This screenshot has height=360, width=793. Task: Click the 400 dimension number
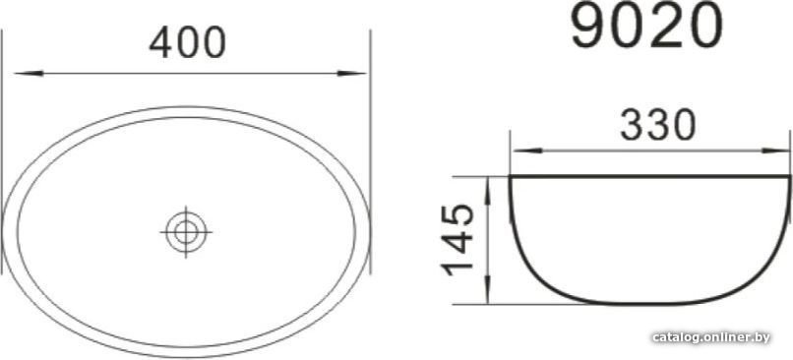coord(187,42)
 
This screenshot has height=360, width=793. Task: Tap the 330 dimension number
coord(658,125)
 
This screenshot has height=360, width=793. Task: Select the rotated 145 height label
coord(458,241)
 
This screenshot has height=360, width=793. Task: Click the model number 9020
coord(646,26)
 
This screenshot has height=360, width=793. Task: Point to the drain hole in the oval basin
coord(186,232)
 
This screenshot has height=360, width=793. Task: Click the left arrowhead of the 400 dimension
coord(29,74)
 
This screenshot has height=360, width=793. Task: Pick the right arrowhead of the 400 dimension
coord(351,74)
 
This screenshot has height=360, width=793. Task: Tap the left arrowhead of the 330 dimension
coord(527,150)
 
